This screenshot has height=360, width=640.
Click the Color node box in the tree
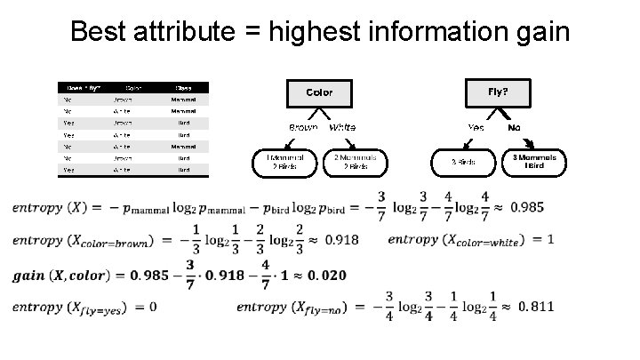tap(319, 92)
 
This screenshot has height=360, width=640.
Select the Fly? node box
tap(499, 91)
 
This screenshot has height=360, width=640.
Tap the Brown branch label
tap(302, 127)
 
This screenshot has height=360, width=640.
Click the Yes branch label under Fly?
tap(476, 127)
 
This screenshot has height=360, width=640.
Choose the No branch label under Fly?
tap(514, 127)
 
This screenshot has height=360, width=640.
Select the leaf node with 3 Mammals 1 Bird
tap(534, 161)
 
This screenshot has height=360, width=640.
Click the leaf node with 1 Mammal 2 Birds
tap(285, 162)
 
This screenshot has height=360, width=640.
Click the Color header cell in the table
tap(133, 88)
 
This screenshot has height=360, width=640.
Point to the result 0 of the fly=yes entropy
tap(153, 308)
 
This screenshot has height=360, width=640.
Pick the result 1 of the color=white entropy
tap(550, 240)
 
